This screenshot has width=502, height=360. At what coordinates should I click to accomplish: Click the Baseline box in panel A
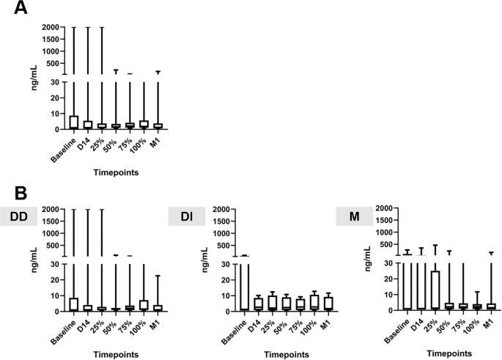(x=74, y=122)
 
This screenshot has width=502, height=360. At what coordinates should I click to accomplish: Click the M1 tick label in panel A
(x=155, y=139)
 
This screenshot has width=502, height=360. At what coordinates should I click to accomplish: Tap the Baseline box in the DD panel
(x=74, y=304)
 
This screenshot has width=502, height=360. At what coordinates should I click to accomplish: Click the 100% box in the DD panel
(x=143, y=306)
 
